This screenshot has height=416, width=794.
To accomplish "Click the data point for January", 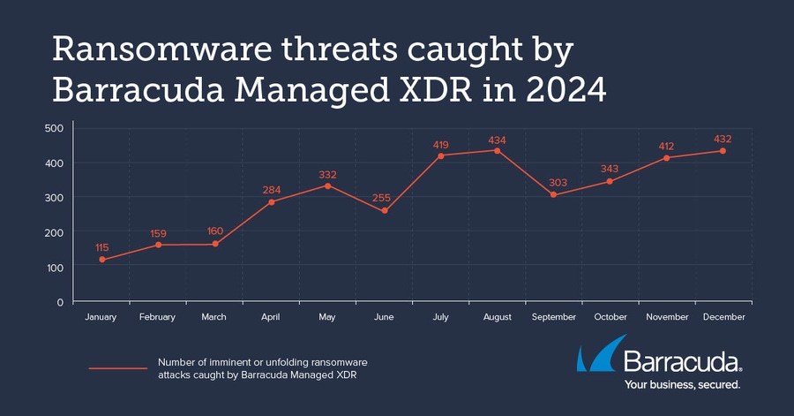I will click(101, 260).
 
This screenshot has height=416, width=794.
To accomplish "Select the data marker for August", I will click(497, 150).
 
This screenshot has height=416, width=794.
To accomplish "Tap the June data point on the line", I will click(384, 211).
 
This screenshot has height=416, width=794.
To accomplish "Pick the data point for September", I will click(553, 194).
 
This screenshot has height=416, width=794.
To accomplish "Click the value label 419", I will click(440, 143).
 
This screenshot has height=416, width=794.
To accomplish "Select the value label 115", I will click(102, 246).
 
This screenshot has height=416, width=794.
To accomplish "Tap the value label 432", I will click(723, 139).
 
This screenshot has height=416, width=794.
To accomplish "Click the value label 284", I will click(271, 189).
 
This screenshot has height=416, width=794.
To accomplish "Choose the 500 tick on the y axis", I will click(55, 128).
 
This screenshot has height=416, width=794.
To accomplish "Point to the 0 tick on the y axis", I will click(60, 302).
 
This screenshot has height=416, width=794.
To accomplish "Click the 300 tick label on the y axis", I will click(55, 198).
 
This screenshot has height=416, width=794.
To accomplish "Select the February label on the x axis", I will click(158, 317).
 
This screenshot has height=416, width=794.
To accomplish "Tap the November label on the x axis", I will click(667, 317).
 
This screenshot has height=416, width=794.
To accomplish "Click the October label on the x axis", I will click(610, 317).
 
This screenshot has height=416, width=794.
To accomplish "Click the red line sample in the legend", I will click(117, 368).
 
